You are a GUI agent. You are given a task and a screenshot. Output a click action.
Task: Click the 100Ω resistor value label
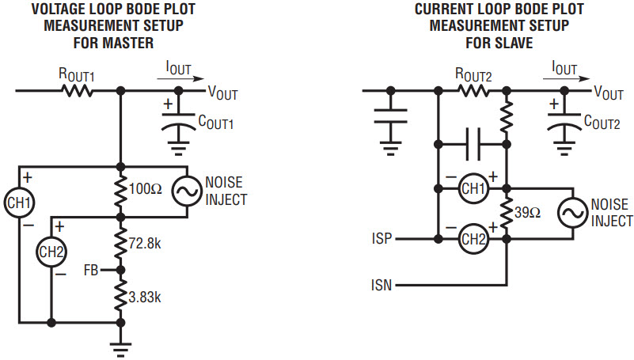click(x=146, y=188)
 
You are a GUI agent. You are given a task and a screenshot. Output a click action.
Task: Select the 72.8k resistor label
click(x=145, y=244)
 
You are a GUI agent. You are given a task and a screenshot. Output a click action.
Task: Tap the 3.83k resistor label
click(x=145, y=297)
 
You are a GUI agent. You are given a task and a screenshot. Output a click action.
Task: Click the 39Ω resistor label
click(x=528, y=213)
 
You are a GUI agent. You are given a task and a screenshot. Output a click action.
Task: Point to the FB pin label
click(x=91, y=270)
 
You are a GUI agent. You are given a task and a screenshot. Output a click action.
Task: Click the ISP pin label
click(x=382, y=239)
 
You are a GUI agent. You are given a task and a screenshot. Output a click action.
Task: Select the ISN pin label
click(x=382, y=286)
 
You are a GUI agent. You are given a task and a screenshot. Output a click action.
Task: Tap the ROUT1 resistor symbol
click(x=78, y=91)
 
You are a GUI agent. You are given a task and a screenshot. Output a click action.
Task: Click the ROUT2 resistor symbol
click(x=473, y=91)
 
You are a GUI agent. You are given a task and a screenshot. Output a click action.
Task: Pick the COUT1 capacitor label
click(x=216, y=123)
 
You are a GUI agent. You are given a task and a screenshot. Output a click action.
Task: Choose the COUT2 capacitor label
click(x=602, y=123)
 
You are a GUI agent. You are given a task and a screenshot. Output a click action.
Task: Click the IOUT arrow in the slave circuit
click(x=567, y=79)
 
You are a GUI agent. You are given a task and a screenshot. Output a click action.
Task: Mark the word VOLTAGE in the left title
click(x=63, y=9)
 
